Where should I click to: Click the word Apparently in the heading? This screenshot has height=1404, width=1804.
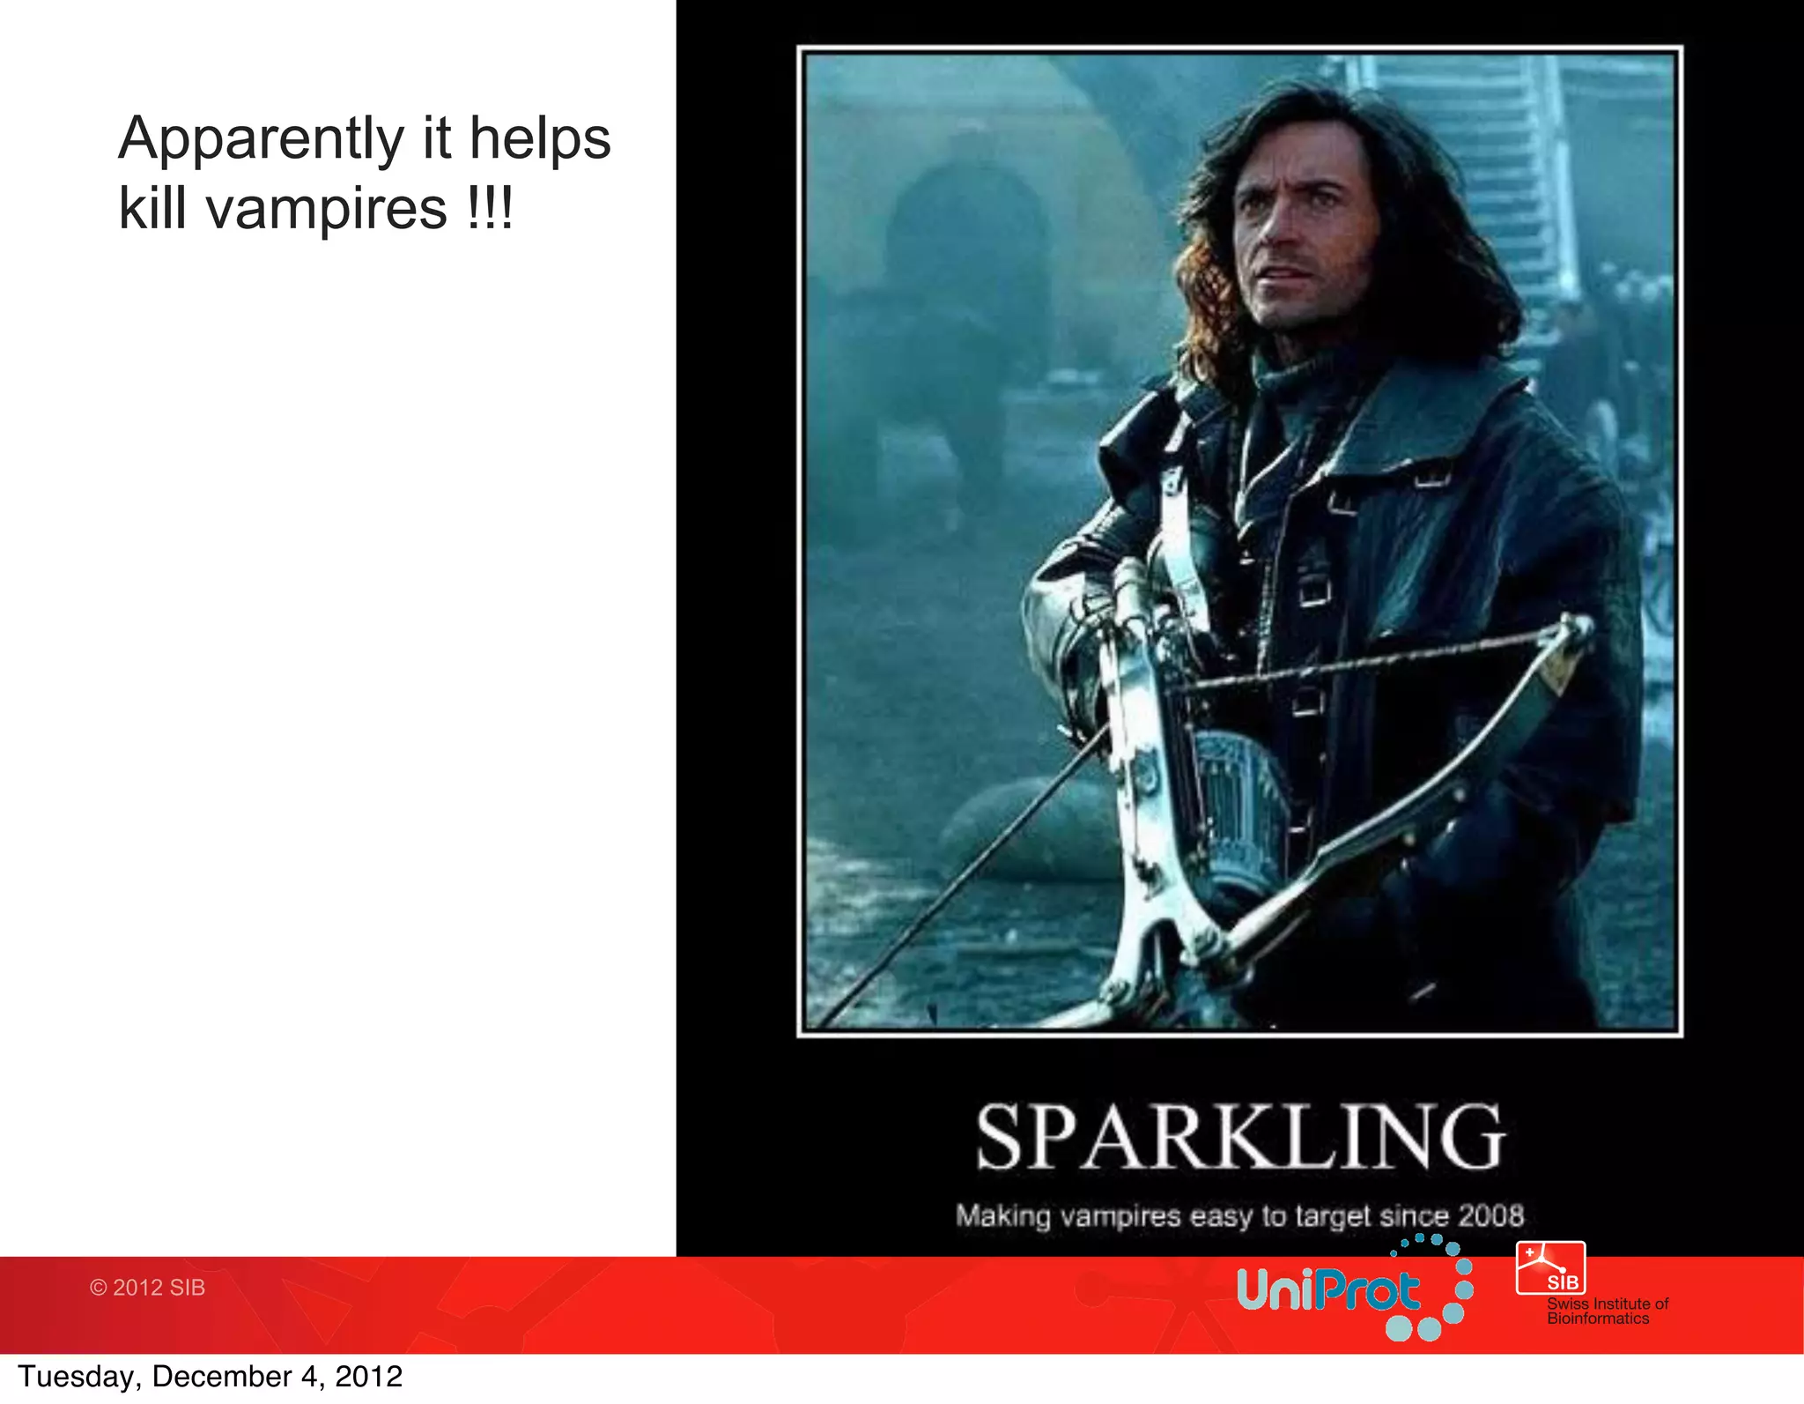(x=261, y=139)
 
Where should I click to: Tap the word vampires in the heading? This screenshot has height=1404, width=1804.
(x=327, y=209)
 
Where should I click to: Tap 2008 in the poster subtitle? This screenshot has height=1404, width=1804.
(x=1490, y=1215)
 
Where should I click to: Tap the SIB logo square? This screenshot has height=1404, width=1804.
(x=1550, y=1267)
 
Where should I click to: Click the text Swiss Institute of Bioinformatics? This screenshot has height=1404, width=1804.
(x=1607, y=1311)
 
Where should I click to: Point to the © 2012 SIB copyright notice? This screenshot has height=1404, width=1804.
(x=147, y=1288)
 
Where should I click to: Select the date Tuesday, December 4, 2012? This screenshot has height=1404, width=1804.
(x=210, y=1377)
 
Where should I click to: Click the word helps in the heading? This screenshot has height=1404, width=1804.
(x=539, y=139)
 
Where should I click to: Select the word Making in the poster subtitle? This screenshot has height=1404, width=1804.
(x=1003, y=1216)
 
